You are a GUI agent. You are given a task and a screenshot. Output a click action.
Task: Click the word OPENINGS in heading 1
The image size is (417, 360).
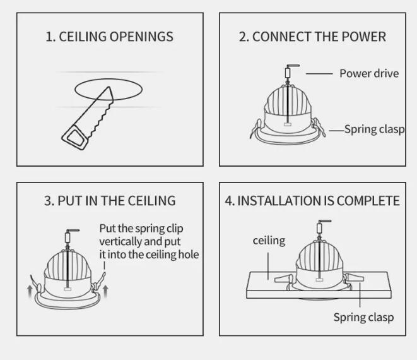click(x=141, y=37)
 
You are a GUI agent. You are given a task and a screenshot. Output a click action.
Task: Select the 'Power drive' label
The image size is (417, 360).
click(x=369, y=73)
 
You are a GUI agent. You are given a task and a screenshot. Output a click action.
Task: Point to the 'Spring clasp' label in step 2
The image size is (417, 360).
click(x=375, y=129)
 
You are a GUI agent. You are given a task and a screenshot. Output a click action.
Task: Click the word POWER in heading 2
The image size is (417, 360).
click(x=363, y=37)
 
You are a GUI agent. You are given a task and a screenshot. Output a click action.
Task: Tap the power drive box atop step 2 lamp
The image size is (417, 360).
click(x=288, y=73)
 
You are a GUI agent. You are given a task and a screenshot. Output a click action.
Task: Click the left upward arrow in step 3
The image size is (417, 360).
click(x=30, y=292)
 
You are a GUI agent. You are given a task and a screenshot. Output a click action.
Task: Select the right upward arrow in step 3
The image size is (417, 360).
click(x=105, y=291)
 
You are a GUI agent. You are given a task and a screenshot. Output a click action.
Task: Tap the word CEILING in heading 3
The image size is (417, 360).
click(x=151, y=201)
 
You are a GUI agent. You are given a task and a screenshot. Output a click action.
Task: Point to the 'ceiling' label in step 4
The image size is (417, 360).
click(x=269, y=241)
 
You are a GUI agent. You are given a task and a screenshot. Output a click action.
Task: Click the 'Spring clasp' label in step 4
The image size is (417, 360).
click(x=363, y=318)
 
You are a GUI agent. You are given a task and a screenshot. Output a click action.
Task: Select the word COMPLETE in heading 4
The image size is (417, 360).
click(x=368, y=201)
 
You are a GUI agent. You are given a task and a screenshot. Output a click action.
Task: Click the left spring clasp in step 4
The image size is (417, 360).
click(x=284, y=279)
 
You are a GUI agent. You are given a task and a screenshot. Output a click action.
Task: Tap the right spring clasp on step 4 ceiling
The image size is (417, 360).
click(x=354, y=277)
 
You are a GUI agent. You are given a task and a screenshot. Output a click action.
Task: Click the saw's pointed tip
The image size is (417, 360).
click(x=109, y=87)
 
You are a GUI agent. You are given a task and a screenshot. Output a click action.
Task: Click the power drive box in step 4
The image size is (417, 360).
click(x=319, y=228)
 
